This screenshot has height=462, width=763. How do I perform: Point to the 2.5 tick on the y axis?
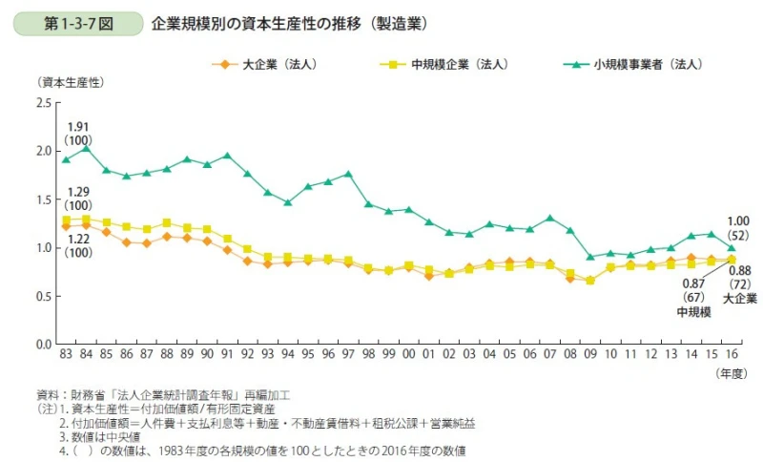click(43, 102)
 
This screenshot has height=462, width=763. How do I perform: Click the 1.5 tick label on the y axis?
click(43, 199)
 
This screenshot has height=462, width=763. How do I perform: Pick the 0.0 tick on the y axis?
click(43, 344)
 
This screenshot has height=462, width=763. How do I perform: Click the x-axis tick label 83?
click(66, 355)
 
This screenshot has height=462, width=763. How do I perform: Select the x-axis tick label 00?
click(409, 355)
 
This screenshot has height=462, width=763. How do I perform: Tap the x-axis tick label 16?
click(732, 355)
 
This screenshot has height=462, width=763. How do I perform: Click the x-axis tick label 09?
click(590, 355)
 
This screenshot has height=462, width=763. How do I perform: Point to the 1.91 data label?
click(77, 127)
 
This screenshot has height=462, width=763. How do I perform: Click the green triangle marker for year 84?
click(86, 148)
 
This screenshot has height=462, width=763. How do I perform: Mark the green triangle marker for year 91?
click(227, 156)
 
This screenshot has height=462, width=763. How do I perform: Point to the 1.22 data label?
click(77, 239)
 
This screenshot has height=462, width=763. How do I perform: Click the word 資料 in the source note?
click(47, 394)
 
